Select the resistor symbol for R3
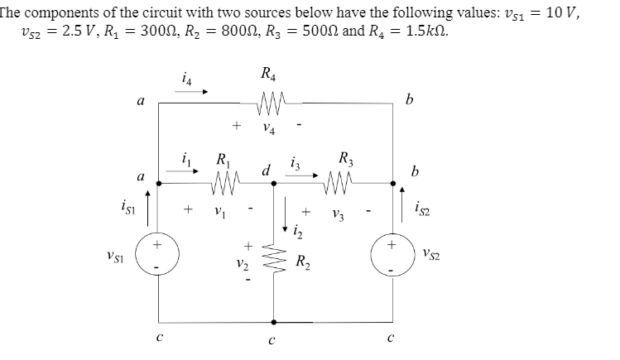point(341,179)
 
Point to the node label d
point(267,171)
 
